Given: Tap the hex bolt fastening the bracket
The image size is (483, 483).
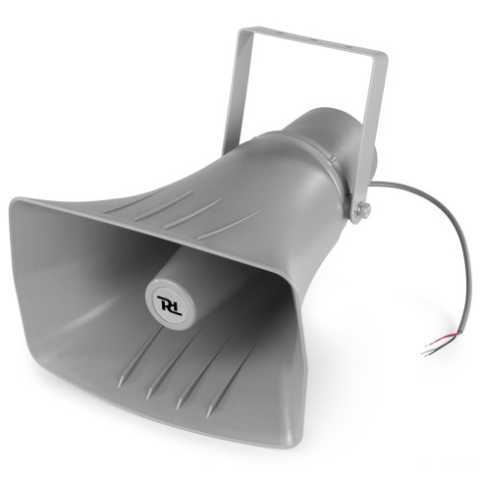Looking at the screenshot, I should [363, 208].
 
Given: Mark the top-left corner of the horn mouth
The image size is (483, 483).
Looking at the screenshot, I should [14, 200].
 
